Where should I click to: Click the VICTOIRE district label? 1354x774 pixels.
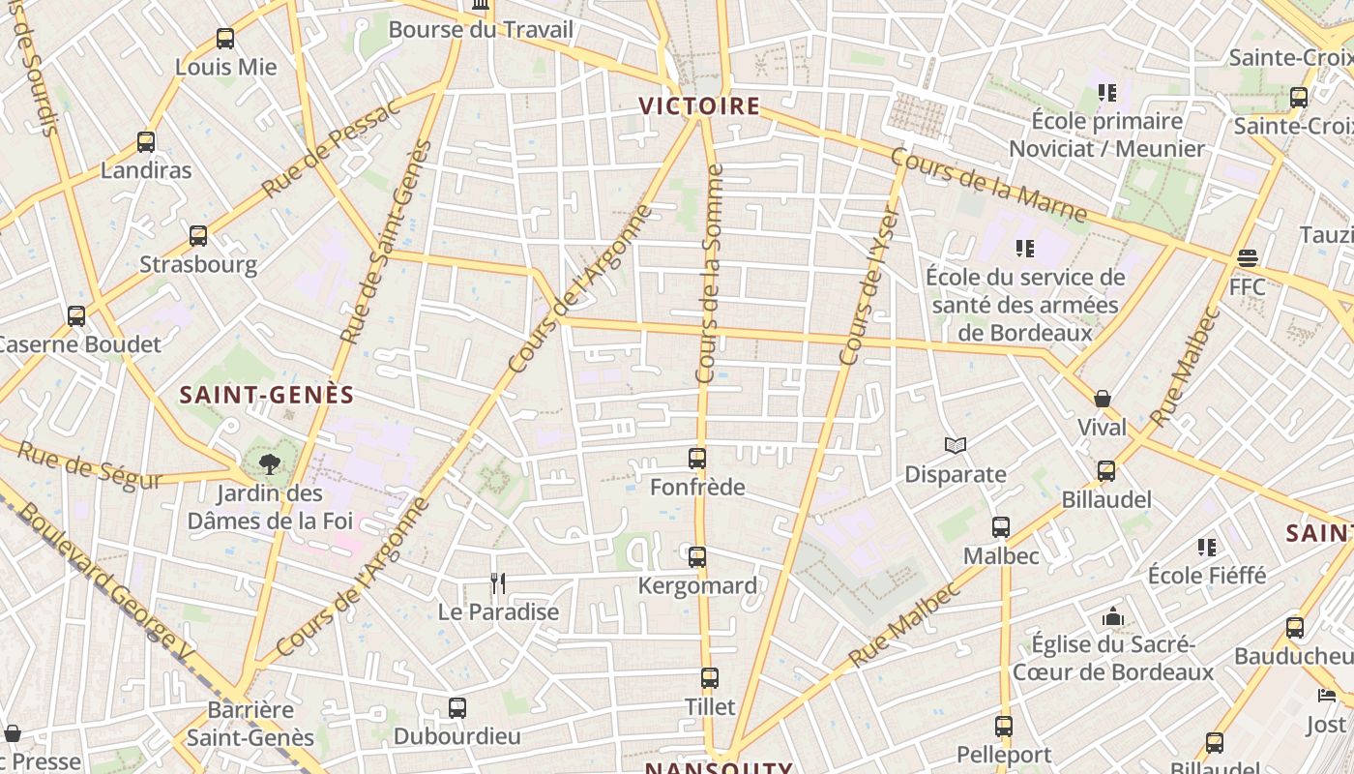click(x=699, y=105)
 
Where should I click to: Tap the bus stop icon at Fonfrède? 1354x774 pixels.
click(x=697, y=458)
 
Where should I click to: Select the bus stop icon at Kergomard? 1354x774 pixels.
click(x=697, y=557)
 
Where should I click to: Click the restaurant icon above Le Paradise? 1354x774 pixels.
click(x=498, y=582)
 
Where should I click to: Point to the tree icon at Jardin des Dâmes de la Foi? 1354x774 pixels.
click(x=270, y=464)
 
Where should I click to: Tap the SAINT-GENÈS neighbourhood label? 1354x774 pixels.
click(x=267, y=395)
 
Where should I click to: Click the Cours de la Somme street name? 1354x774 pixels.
click(x=710, y=273)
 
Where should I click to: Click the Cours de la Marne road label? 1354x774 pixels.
click(x=987, y=185)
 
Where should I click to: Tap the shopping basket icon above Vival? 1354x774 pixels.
click(x=1103, y=399)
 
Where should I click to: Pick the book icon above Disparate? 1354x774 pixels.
click(x=956, y=445)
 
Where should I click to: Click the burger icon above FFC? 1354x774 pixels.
click(x=1247, y=258)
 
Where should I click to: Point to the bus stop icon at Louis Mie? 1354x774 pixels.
click(x=225, y=39)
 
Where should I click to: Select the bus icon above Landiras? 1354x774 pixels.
click(x=146, y=142)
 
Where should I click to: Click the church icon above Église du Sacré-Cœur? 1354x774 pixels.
click(x=1113, y=616)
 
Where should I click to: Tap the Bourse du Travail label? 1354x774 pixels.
click(x=481, y=30)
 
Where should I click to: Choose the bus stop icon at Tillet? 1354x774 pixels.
click(x=710, y=678)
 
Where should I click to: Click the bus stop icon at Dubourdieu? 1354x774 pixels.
click(x=457, y=708)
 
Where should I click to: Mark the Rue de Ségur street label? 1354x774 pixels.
click(x=90, y=465)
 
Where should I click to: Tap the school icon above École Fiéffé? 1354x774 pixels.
click(x=1206, y=548)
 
